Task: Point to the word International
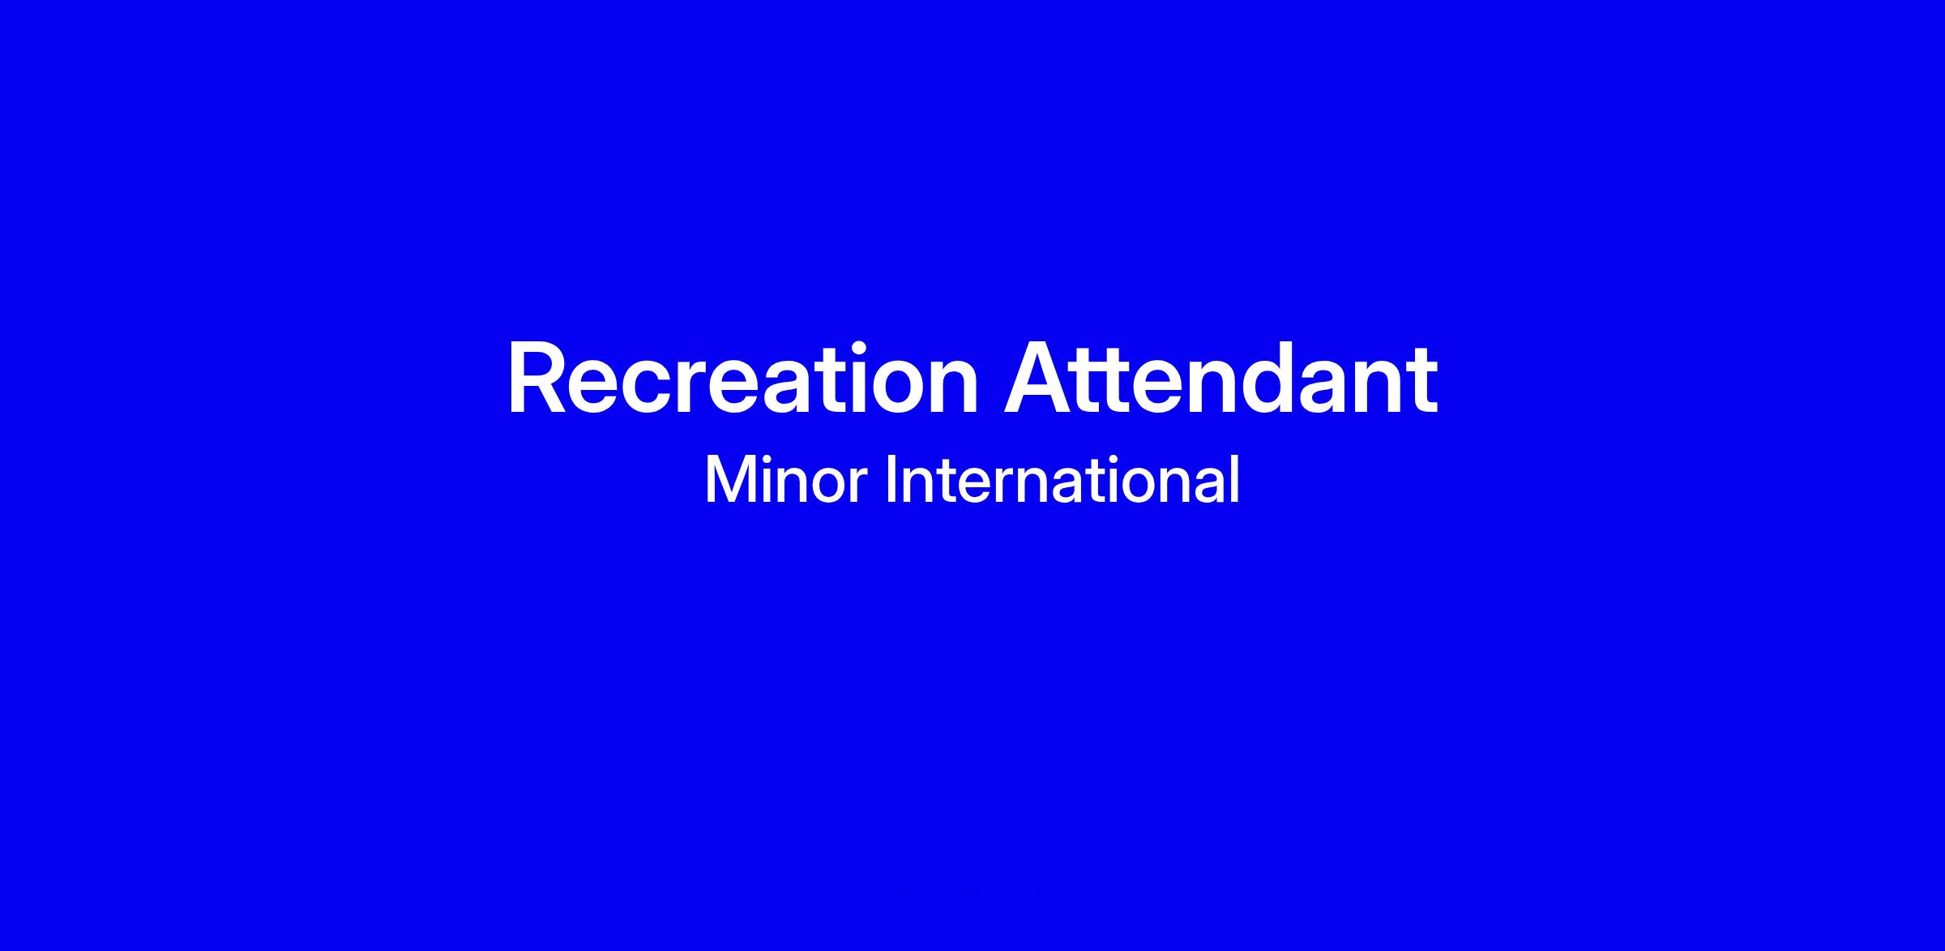click(x=1062, y=481)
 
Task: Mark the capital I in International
click(x=890, y=481)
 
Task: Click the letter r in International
click(x=994, y=486)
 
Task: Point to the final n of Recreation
click(x=954, y=388)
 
